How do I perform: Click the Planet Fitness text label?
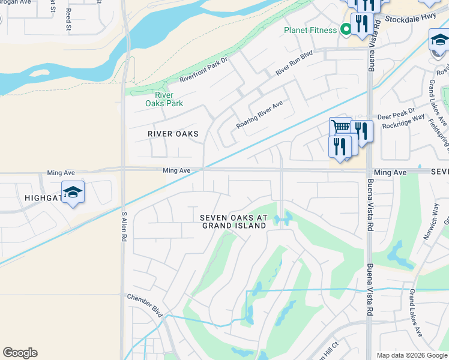[310, 30]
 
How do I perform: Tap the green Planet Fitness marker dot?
[346, 29]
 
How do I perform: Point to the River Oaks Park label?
[164, 99]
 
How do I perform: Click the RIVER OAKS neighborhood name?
[173, 134]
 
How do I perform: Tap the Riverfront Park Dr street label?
[204, 71]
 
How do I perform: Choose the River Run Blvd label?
[294, 63]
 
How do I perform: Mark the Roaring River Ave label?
[259, 112]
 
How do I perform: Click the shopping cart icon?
[340, 128]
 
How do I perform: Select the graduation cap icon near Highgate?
[73, 192]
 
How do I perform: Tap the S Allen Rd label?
[124, 226]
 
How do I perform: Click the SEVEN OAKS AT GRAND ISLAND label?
[234, 221]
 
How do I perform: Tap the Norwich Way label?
[430, 222]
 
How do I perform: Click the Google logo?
[20, 353]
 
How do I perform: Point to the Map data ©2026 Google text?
[411, 355]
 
